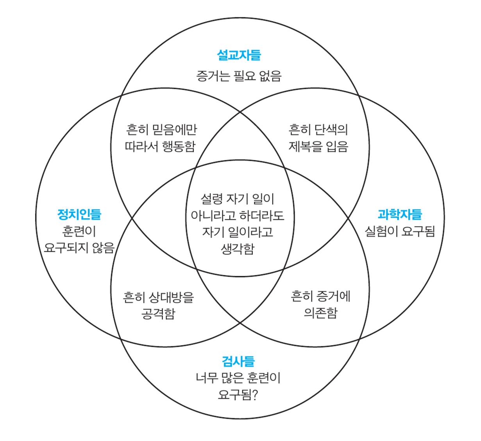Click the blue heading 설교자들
coord(239,55)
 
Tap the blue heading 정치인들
coord(79,214)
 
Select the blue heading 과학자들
coord(400,214)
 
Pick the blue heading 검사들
coord(238,361)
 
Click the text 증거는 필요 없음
coord(239,76)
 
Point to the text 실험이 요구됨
coord(400,231)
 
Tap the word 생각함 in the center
coord(238,249)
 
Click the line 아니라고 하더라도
coord(238,216)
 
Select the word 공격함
coord(158,314)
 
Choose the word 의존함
coord(320,313)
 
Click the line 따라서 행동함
coord(160,146)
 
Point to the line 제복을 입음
coord(318,146)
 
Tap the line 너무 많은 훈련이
coord(238,378)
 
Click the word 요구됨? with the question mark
coord(238,395)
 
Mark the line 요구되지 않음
coord(79,248)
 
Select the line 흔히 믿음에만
coord(162,129)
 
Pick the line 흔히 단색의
coord(318,129)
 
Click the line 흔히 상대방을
coord(158,297)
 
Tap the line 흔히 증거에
coord(320,296)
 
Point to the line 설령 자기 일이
coord(238,199)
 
